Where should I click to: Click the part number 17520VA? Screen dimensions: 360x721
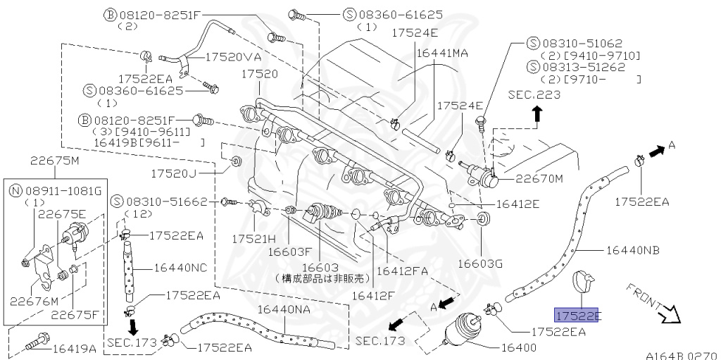tap(234, 58)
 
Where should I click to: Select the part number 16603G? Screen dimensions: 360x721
tap(479, 263)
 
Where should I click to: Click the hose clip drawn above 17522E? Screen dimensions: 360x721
tap(584, 282)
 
